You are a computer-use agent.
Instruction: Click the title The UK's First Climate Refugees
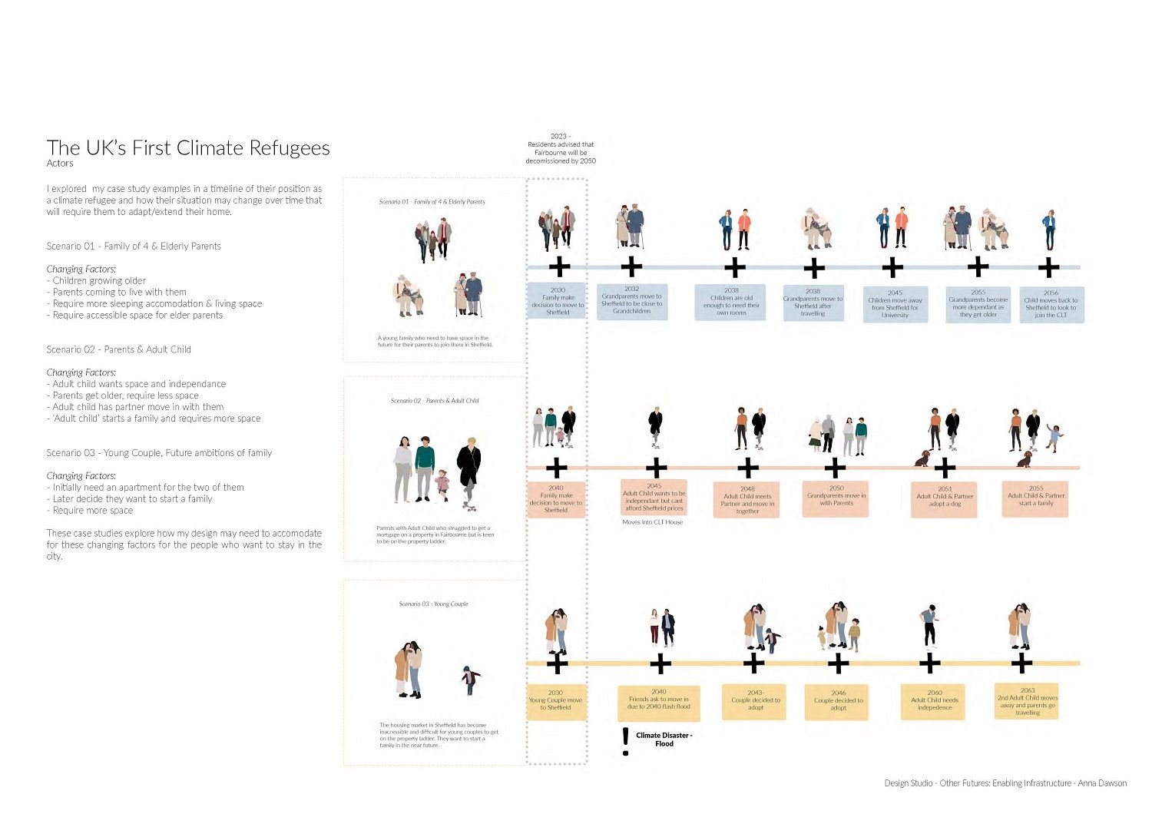188,148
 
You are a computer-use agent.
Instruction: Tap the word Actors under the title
60,164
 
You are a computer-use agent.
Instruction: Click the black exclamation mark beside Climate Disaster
626,742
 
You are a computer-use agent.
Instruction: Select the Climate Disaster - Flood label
664,740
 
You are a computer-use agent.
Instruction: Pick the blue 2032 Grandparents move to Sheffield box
631,301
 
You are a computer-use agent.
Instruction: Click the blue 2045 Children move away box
895,304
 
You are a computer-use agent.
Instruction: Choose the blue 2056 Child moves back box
1051,304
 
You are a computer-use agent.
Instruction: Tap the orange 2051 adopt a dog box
945,498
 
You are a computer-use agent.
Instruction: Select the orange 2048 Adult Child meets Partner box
747,499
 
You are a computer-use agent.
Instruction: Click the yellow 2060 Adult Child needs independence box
935,701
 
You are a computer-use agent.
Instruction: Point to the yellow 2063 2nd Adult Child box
1028,701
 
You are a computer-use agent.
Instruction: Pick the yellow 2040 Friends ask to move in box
659,702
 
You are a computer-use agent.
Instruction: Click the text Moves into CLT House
652,522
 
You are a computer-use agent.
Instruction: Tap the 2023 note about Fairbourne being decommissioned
561,149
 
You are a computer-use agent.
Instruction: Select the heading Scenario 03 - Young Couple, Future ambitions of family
159,453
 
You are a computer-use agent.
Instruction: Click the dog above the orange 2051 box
921,458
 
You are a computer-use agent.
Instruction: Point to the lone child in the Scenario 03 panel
470,680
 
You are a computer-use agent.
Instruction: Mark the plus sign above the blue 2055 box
978,267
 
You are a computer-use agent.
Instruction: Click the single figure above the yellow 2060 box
929,626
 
